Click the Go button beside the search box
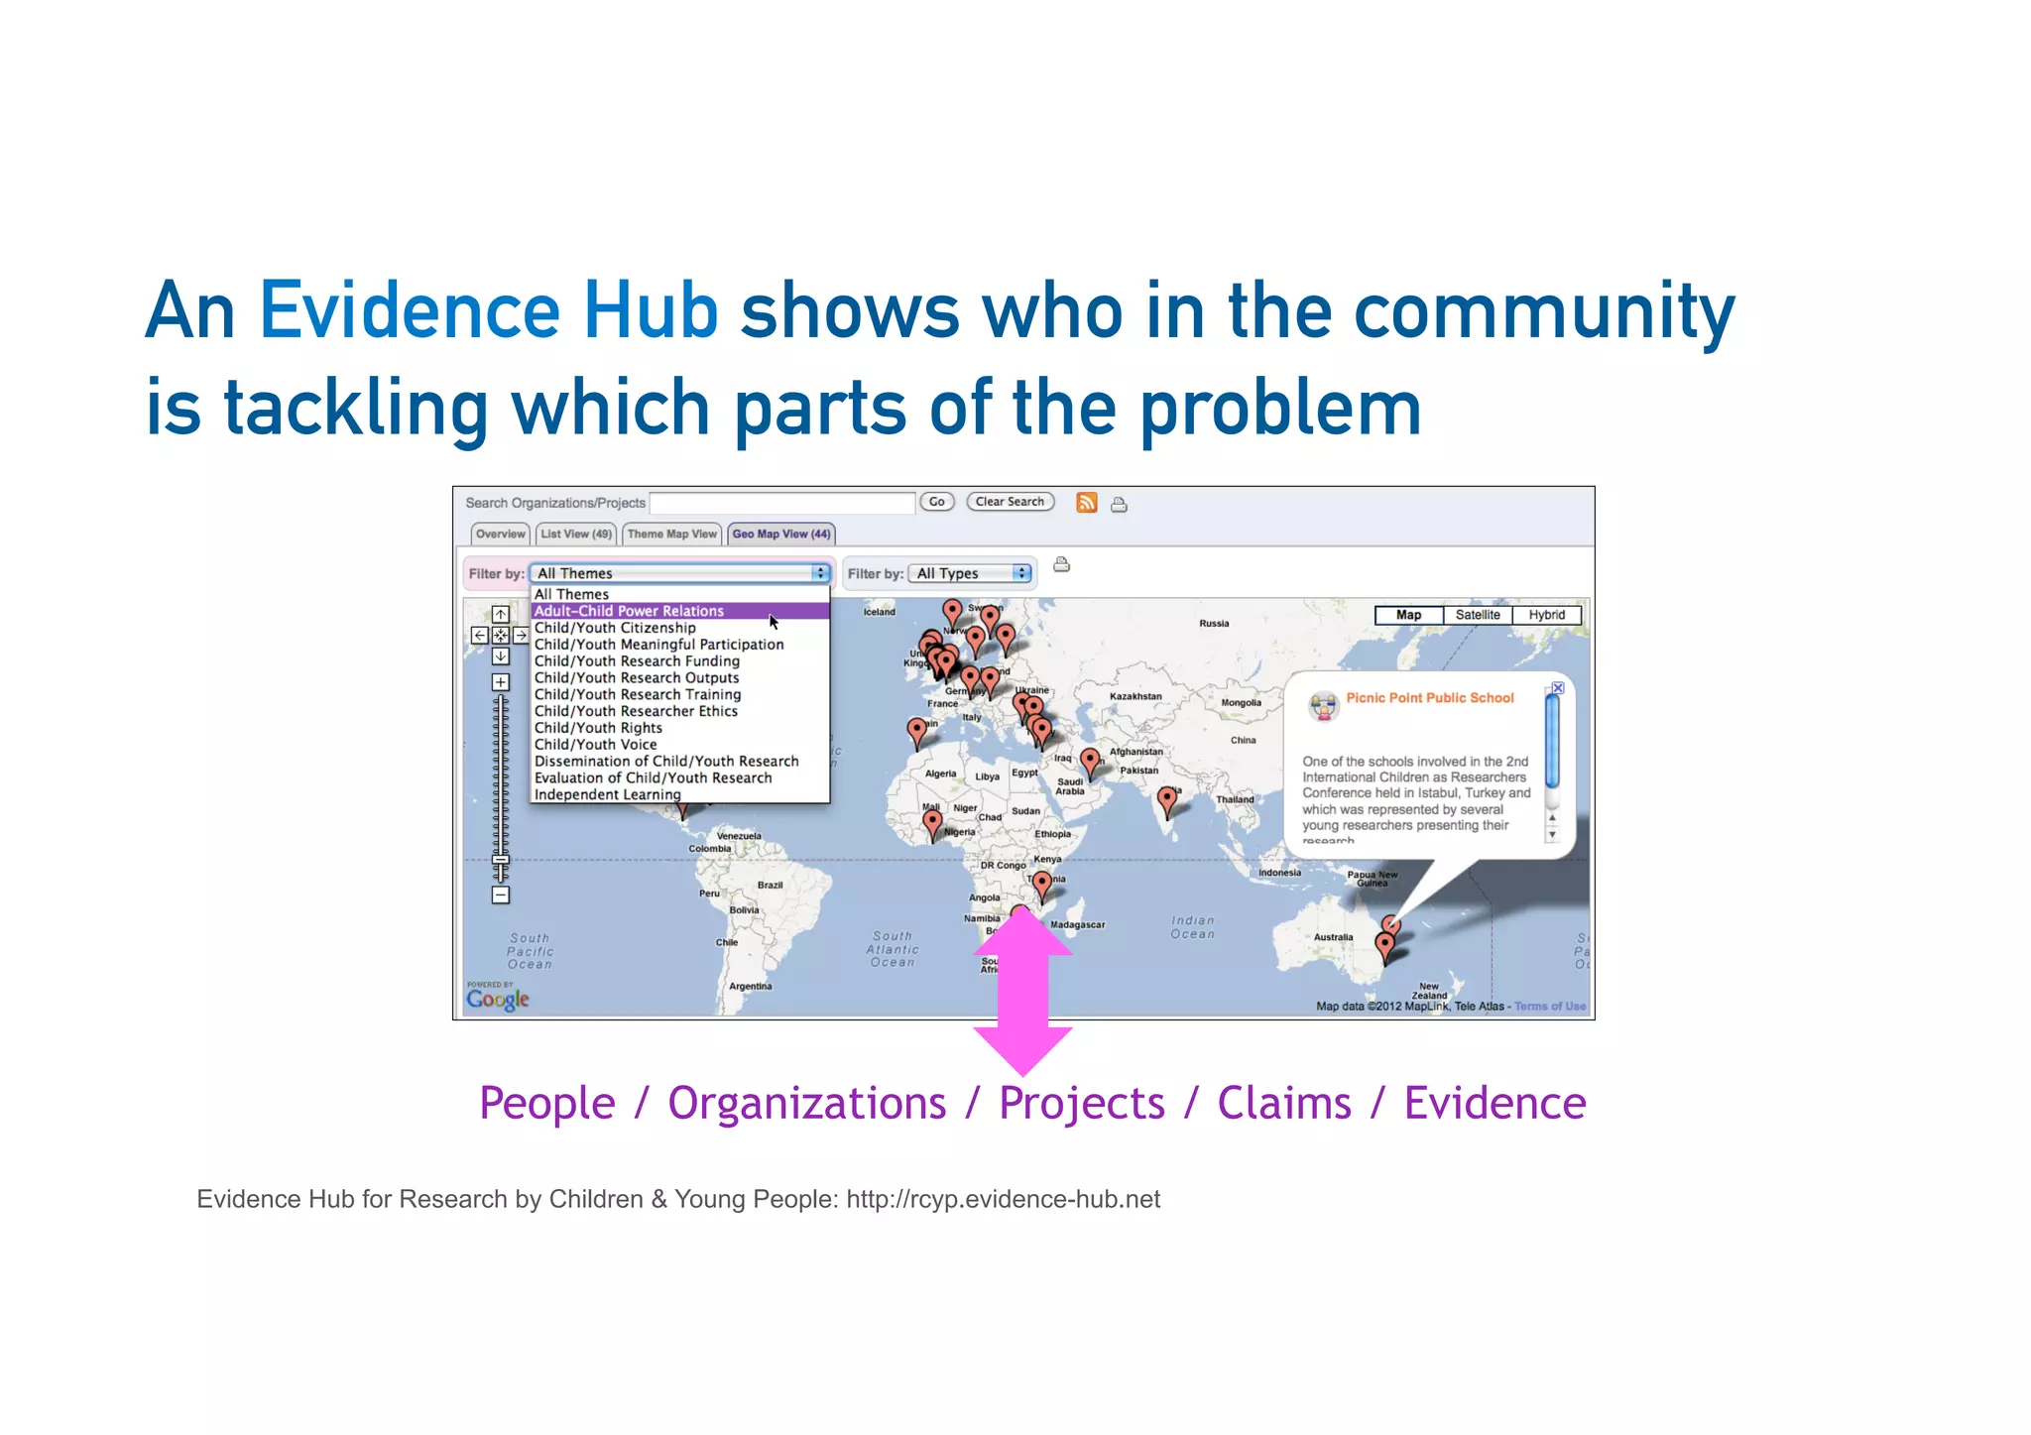point(936,502)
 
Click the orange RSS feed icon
point(1087,503)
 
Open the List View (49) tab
point(576,534)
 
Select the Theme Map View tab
point(671,534)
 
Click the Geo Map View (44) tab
point(780,534)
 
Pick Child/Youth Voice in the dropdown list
point(595,745)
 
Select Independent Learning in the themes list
point(607,794)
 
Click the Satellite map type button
point(1478,615)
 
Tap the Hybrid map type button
point(1546,615)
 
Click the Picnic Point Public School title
point(1429,698)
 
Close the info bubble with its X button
point(1558,687)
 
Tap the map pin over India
point(1168,798)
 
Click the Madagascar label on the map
point(1077,924)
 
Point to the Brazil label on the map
point(770,885)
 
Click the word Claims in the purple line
point(1283,1104)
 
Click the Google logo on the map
point(498,999)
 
